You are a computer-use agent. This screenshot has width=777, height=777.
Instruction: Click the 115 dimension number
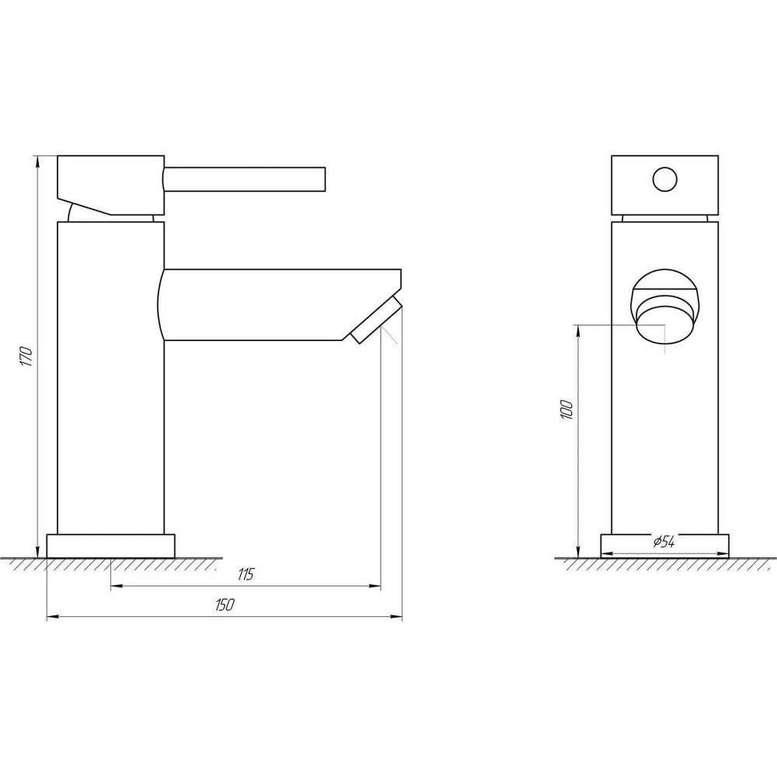click(x=246, y=575)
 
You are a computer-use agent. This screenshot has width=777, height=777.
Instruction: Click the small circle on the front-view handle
click(x=665, y=180)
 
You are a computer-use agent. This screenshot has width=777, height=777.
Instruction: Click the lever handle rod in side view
click(x=245, y=179)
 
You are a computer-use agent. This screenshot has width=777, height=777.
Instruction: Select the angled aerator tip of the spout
click(x=375, y=319)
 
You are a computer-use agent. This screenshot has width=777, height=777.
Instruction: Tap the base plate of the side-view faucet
click(x=111, y=545)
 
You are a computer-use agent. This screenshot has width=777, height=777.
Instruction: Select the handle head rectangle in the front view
click(x=665, y=185)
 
